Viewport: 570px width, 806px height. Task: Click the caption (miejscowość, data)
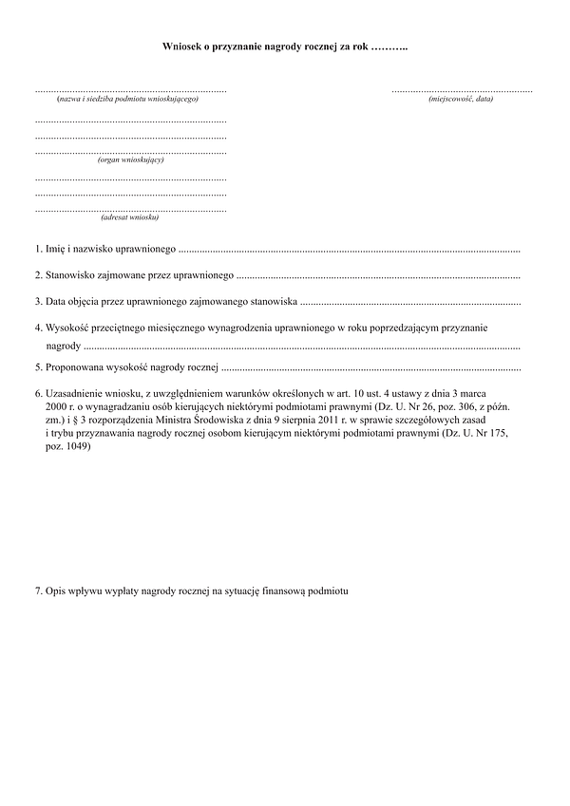tap(461, 100)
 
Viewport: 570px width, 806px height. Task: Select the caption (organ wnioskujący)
tap(130, 159)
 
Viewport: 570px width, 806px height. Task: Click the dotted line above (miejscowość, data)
tap(462, 90)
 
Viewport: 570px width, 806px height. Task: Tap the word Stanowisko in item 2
tap(69, 275)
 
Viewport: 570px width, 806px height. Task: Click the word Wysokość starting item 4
tap(68, 328)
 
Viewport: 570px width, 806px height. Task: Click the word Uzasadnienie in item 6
tap(78, 392)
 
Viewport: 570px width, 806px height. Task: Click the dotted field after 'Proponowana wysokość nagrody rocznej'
tap(370, 366)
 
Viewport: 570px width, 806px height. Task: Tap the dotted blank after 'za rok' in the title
tap(389, 46)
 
